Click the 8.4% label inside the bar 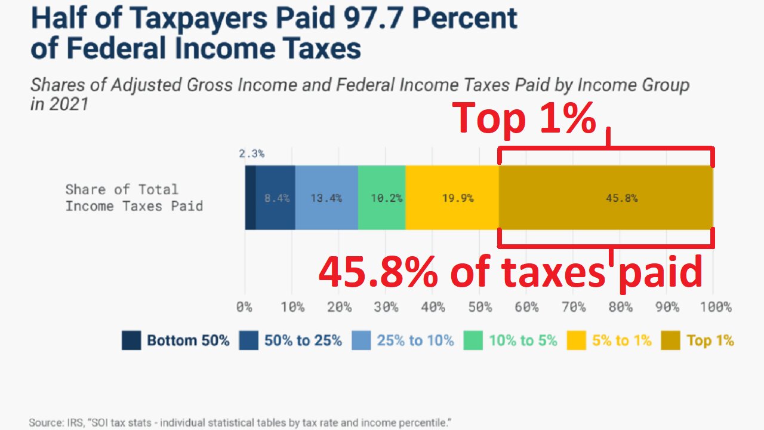click(x=277, y=198)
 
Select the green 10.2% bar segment click(x=382, y=198)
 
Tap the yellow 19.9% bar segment click(x=452, y=198)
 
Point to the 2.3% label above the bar click(x=252, y=153)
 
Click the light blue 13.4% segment click(x=326, y=198)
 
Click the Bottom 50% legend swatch click(x=131, y=341)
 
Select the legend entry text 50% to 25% click(x=303, y=341)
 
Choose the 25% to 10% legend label click(x=415, y=341)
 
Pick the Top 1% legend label click(x=710, y=341)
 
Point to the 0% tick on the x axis click(x=245, y=308)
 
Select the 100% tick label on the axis click(x=715, y=308)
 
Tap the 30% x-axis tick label click(x=386, y=308)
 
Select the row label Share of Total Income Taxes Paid click(x=134, y=198)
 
